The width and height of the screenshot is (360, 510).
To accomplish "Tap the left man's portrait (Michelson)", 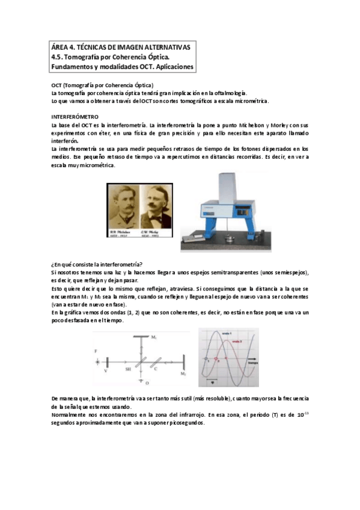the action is [x=124, y=206].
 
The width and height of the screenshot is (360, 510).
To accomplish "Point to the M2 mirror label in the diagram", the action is [x=183, y=374].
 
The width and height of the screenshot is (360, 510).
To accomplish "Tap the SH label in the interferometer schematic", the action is [x=128, y=369].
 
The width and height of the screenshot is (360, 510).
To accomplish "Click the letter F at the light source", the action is [x=96, y=350].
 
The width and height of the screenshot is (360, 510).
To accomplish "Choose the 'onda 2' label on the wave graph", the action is [x=236, y=342].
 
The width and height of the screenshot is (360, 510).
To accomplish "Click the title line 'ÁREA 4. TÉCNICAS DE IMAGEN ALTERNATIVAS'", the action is [x=120, y=47].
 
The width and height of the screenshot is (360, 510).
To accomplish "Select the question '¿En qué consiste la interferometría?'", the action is [x=97, y=265].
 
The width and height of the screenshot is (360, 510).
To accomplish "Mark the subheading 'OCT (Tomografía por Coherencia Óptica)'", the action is [x=102, y=85].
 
